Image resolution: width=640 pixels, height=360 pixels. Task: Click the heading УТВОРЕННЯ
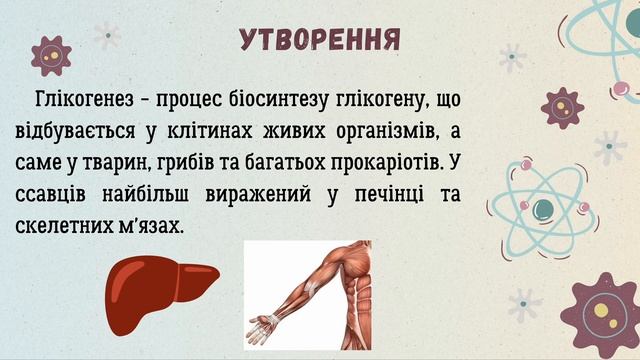point(320,40)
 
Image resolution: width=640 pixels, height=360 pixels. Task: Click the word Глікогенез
point(81,101)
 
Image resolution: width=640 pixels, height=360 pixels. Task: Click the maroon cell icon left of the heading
point(50,55)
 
